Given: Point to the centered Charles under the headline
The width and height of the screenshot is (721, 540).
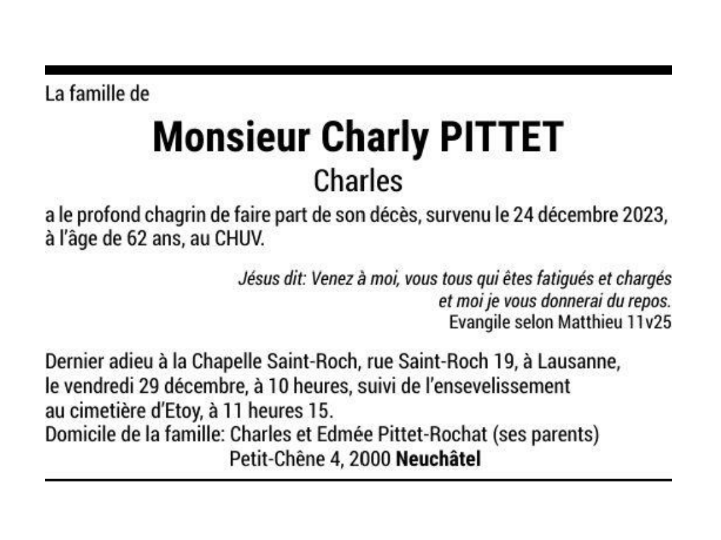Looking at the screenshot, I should coord(358,181).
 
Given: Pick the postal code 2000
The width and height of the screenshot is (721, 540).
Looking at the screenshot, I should coord(370,459).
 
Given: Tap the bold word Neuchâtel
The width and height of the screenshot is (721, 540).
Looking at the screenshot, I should coord(438,459).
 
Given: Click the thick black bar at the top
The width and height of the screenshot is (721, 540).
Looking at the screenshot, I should coord(358,70).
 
